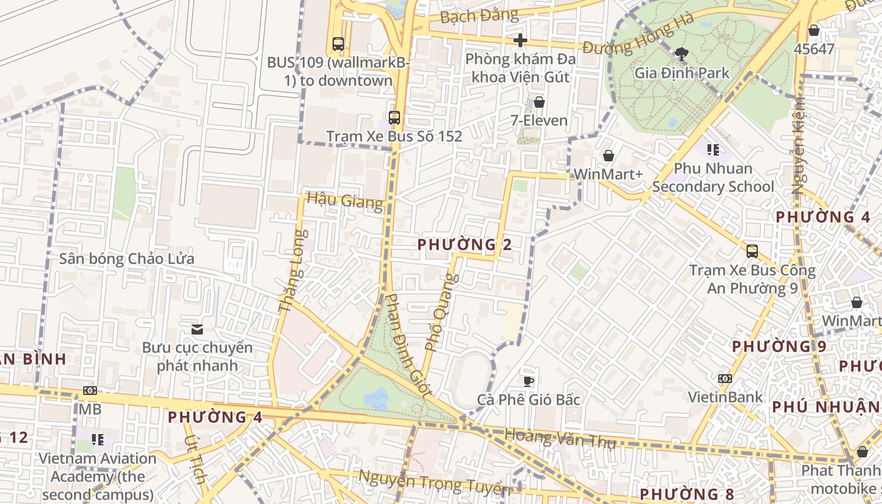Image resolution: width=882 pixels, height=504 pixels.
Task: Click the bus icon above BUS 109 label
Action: click(338, 44)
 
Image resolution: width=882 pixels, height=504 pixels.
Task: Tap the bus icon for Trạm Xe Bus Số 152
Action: click(394, 118)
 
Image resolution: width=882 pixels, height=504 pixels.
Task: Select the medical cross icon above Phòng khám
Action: click(520, 40)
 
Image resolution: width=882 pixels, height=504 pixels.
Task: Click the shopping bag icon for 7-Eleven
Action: click(539, 102)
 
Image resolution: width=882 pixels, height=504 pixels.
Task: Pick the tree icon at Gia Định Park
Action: click(680, 54)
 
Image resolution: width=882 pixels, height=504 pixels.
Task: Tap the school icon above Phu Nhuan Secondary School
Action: click(713, 150)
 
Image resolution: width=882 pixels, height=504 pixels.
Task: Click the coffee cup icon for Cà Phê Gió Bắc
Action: click(529, 381)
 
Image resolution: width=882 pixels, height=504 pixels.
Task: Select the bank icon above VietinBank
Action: click(725, 379)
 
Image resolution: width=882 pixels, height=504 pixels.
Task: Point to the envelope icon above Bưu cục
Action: click(197, 329)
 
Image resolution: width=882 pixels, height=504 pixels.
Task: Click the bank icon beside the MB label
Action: click(90, 391)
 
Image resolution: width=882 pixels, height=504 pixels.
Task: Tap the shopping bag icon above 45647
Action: click(814, 30)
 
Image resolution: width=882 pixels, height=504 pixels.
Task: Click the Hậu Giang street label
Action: click(345, 201)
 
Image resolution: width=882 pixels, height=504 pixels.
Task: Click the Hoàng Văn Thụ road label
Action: click(559, 438)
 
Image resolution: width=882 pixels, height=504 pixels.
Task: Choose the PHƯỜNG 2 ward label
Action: click(464, 244)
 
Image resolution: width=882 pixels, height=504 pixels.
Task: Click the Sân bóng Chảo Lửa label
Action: click(127, 259)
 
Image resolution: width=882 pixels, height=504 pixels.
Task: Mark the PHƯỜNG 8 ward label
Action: click(687, 494)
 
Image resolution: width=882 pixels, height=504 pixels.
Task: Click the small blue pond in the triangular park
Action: click(376, 398)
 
